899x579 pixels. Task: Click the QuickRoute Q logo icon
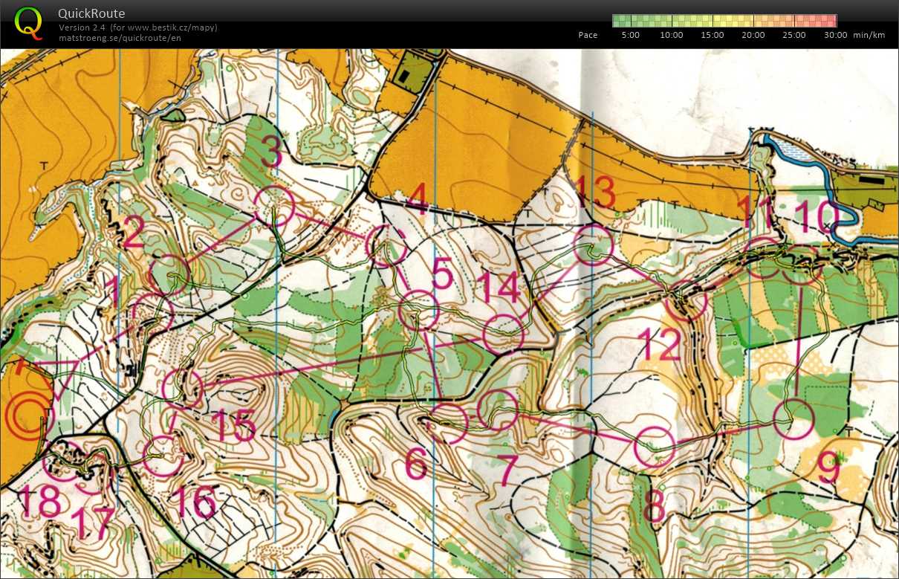tap(28, 22)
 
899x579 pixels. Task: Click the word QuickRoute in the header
tap(91, 13)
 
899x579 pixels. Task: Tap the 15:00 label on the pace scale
tap(711, 35)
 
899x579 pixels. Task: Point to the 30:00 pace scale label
tap(834, 35)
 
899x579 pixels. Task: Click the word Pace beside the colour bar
tap(588, 35)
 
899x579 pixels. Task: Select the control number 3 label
tap(272, 152)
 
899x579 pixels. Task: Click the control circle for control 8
tap(655, 447)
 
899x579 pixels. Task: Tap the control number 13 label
tap(594, 193)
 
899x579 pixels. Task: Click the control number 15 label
tap(233, 425)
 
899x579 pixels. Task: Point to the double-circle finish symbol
tap(28, 414)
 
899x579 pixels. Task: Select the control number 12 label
tap(659, 345)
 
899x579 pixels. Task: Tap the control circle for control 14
tap(504, 334)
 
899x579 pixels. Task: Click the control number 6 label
tap(415, 465)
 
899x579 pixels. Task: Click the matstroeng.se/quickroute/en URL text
tap(120, 39)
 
